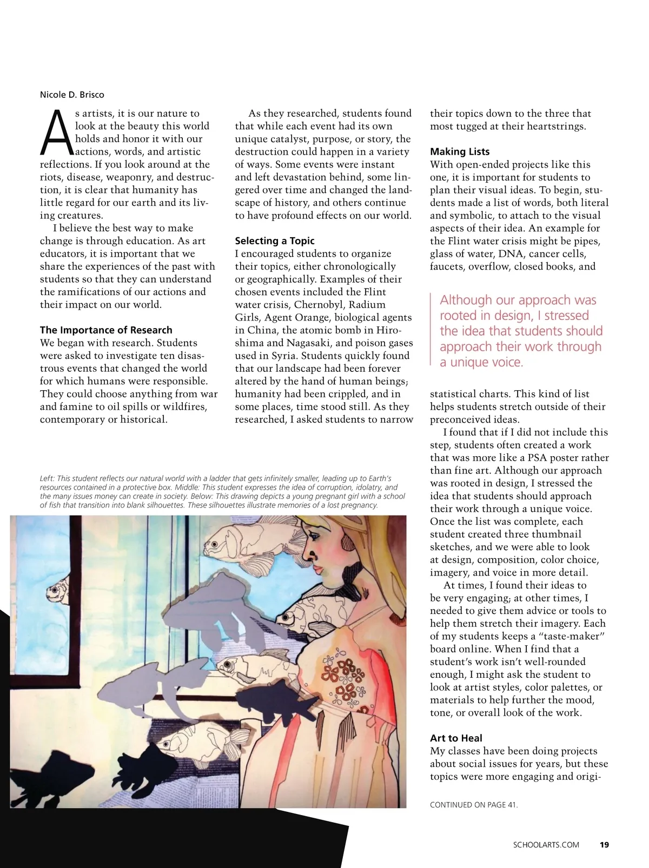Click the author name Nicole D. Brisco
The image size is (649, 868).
[x=72, y=95]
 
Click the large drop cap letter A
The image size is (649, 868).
[x=56, y=132]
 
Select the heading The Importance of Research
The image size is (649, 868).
[x=106, y=330]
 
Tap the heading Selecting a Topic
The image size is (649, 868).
[x=274, y=241]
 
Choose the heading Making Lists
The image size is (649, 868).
[x=460, y=152]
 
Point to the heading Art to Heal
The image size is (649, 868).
[x=456, y=738]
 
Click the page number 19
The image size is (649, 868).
[x=604, y=845]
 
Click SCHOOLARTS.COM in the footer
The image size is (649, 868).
[x=546, y=845]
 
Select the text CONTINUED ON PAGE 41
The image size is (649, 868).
[x=474, y=805]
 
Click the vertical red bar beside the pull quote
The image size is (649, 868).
[x=431, y=330]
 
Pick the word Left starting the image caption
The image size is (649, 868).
[x=47, y=478]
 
